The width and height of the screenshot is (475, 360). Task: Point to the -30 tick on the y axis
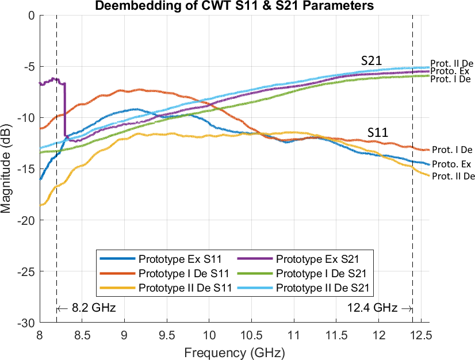[x=27, y=323]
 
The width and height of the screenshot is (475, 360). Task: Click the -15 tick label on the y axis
[x=27, y=169]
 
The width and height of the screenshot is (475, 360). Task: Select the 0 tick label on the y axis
[x=32, y=16]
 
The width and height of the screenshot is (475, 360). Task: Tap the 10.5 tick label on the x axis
[x=294, y=335]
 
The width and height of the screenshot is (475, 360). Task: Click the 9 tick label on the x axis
[x=124, y=335]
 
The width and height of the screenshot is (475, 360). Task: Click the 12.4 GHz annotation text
[x=373, y=308]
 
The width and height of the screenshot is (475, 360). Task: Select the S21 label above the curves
[x=371, y=60]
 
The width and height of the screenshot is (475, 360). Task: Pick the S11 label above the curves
[x=378, y=133]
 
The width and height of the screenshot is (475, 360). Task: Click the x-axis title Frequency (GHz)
[x=234, y=350]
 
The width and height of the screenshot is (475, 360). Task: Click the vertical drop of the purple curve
[x=64, y=109]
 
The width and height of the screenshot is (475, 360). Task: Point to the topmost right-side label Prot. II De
[x=451, y=63]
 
